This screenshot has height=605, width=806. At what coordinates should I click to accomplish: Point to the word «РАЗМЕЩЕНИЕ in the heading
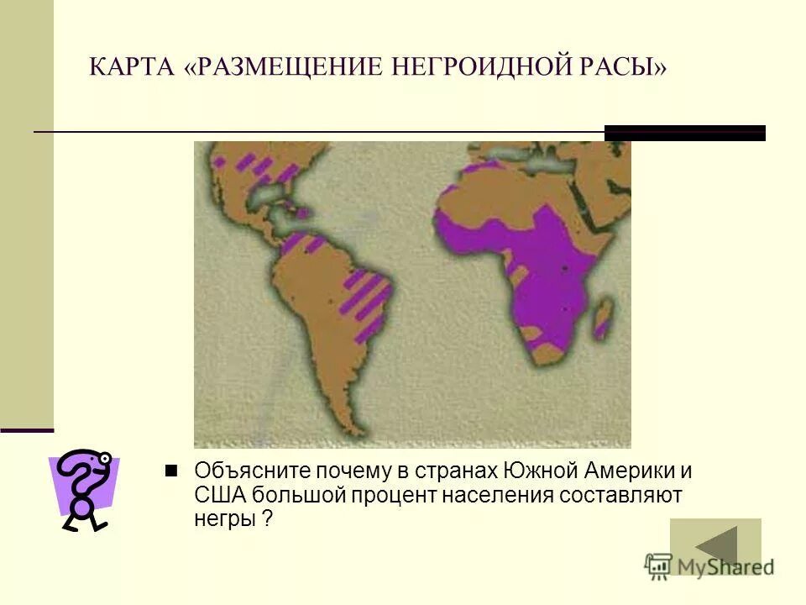coord(281,66)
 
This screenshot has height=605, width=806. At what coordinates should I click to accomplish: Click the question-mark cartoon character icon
coord(84,490)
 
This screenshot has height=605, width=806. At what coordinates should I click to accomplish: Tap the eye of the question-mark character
coord(104,459)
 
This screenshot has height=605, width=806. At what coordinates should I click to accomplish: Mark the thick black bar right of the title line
coord(685,133)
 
